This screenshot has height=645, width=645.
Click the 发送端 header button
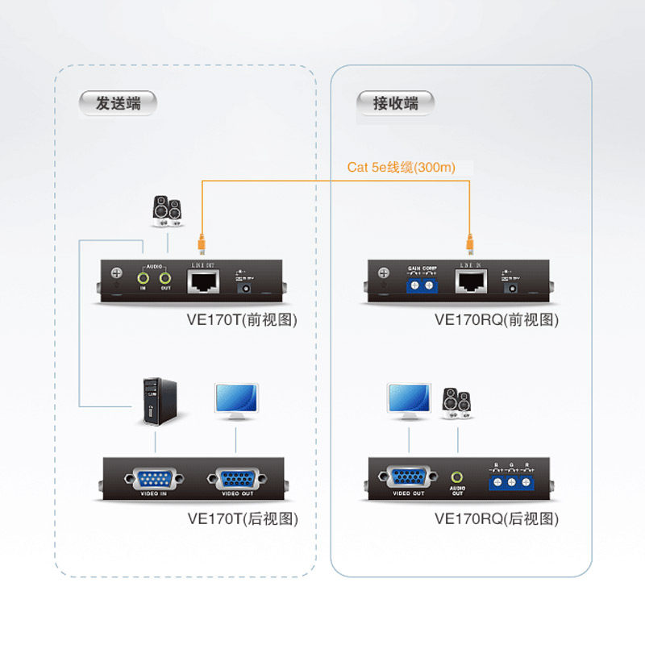click(x=118, y=103)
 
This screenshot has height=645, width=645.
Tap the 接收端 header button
click(x=395, y=103)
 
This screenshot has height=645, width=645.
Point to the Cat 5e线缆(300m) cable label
click(x=402, y=168)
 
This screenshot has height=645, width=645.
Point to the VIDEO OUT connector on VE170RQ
click(x=409, y=477)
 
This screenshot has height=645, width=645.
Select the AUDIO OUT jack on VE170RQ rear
click(x=458, y=478)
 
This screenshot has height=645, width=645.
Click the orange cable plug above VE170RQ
click(x=469, y=240)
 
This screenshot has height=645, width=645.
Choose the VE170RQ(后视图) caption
click(x=497, y=518)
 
